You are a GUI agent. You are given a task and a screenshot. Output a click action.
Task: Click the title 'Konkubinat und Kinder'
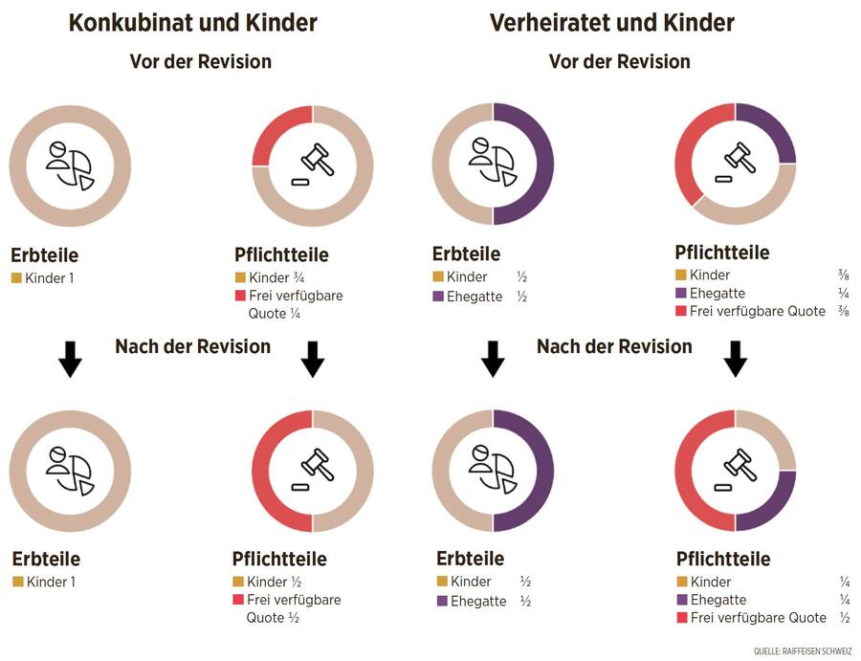[193, 23]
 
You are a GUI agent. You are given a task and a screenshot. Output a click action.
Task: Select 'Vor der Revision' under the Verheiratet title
[619, 61]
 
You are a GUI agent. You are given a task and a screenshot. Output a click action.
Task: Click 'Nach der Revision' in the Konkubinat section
[192, 346]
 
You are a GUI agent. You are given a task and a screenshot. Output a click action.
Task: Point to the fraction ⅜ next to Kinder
[842, 275]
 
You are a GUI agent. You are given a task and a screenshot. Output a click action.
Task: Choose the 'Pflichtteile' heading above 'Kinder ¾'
[281, 254]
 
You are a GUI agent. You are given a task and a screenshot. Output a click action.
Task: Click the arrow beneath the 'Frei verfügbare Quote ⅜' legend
[735, 359]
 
